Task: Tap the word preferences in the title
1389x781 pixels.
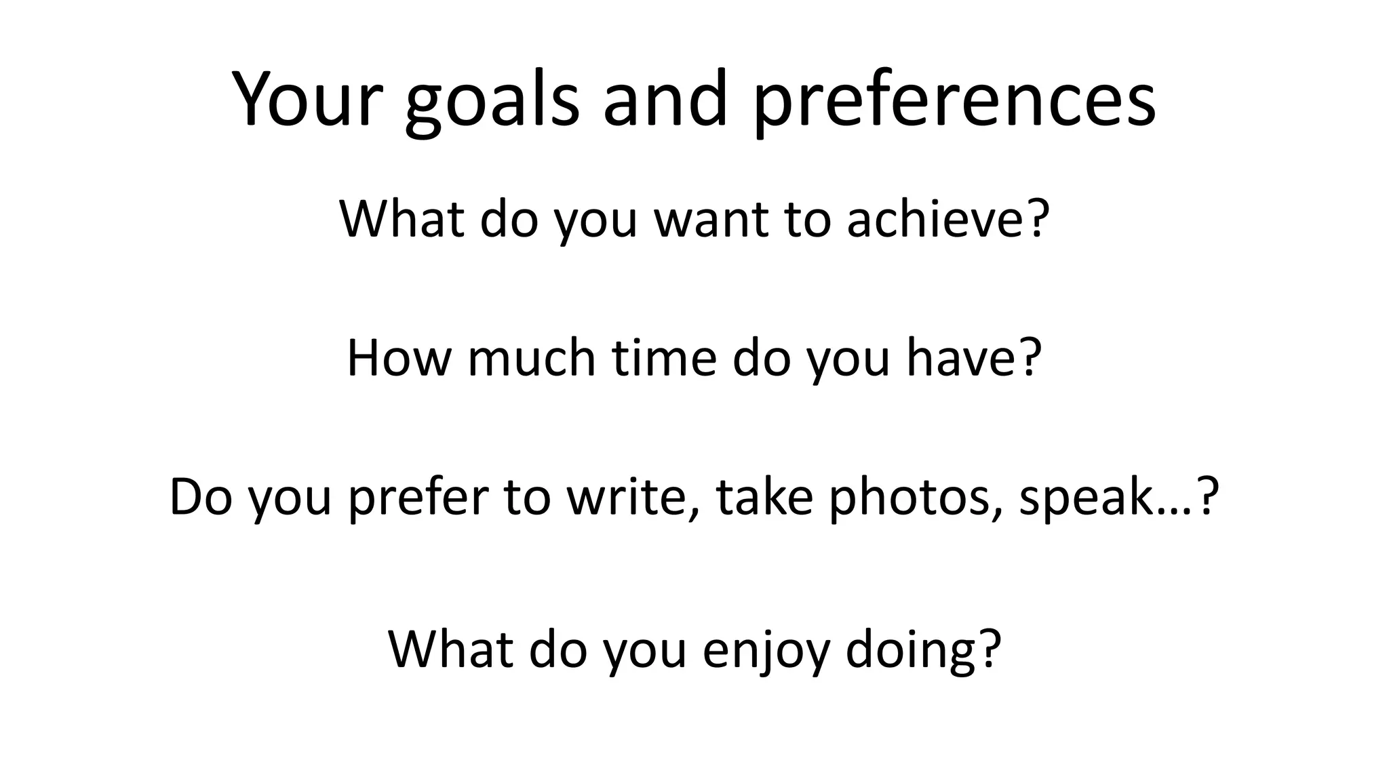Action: point(954,102)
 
